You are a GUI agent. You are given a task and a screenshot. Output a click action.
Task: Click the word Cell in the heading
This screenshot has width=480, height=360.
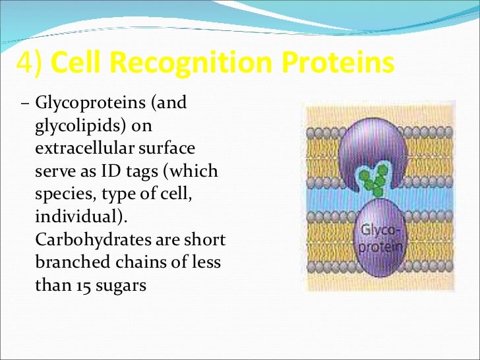pos(77,63)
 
